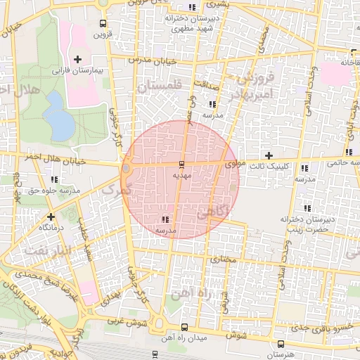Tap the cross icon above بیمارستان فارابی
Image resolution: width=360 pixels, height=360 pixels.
[x=77, y=59]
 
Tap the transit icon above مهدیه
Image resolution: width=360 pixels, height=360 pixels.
[x=182, y=165]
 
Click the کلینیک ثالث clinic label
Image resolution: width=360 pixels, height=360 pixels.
[x=269, y=167]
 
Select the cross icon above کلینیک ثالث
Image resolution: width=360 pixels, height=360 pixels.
[x=269, y=155]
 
